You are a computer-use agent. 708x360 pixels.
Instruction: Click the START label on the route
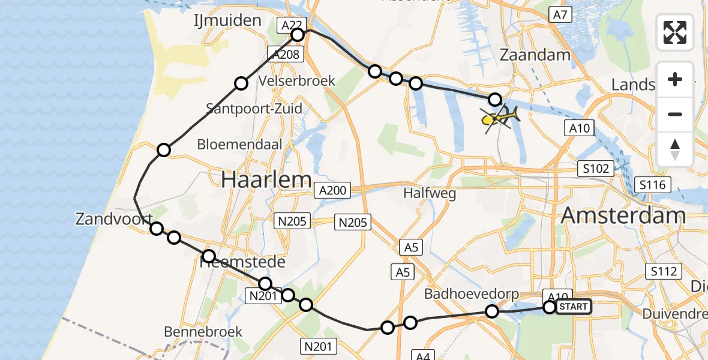coord(574,307)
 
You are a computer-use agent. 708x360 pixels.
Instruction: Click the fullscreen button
coord(675,32)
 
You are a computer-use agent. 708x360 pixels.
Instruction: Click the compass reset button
coord(675,149)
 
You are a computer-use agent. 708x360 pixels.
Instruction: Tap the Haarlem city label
coord(266,179)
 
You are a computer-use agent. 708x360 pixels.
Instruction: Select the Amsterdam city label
coord(623,215)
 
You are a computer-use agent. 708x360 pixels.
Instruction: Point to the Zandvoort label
coord(113,219)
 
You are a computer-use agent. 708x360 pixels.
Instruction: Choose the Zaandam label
coord(535,55)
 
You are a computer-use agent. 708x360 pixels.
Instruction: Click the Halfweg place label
coord(430,193)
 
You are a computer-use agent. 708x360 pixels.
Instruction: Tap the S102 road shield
coord(596,169)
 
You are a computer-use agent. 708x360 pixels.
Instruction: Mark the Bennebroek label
coord(203,331)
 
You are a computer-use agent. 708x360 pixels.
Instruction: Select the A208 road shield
coord(284,54)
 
